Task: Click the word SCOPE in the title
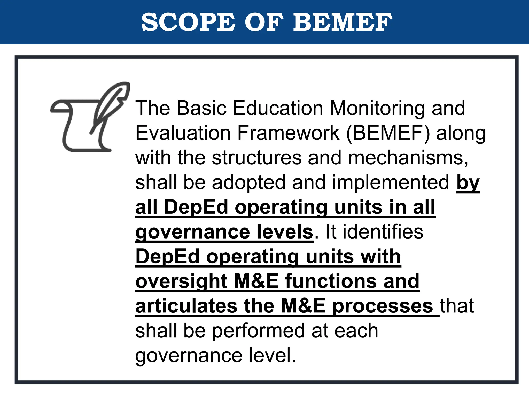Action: (188, 22)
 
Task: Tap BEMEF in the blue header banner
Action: (343, 22)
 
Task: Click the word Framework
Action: (288, 133)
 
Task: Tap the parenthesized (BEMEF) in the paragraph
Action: (388, 133)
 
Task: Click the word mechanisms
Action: (408, 158)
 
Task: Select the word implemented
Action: (391, 182)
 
